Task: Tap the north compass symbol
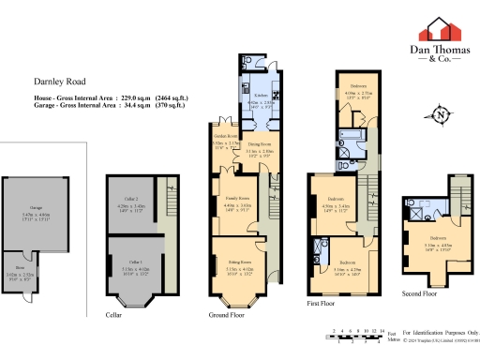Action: coord(441,115)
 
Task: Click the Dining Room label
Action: coord(258,146)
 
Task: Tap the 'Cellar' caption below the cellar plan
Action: coord(113,315)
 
